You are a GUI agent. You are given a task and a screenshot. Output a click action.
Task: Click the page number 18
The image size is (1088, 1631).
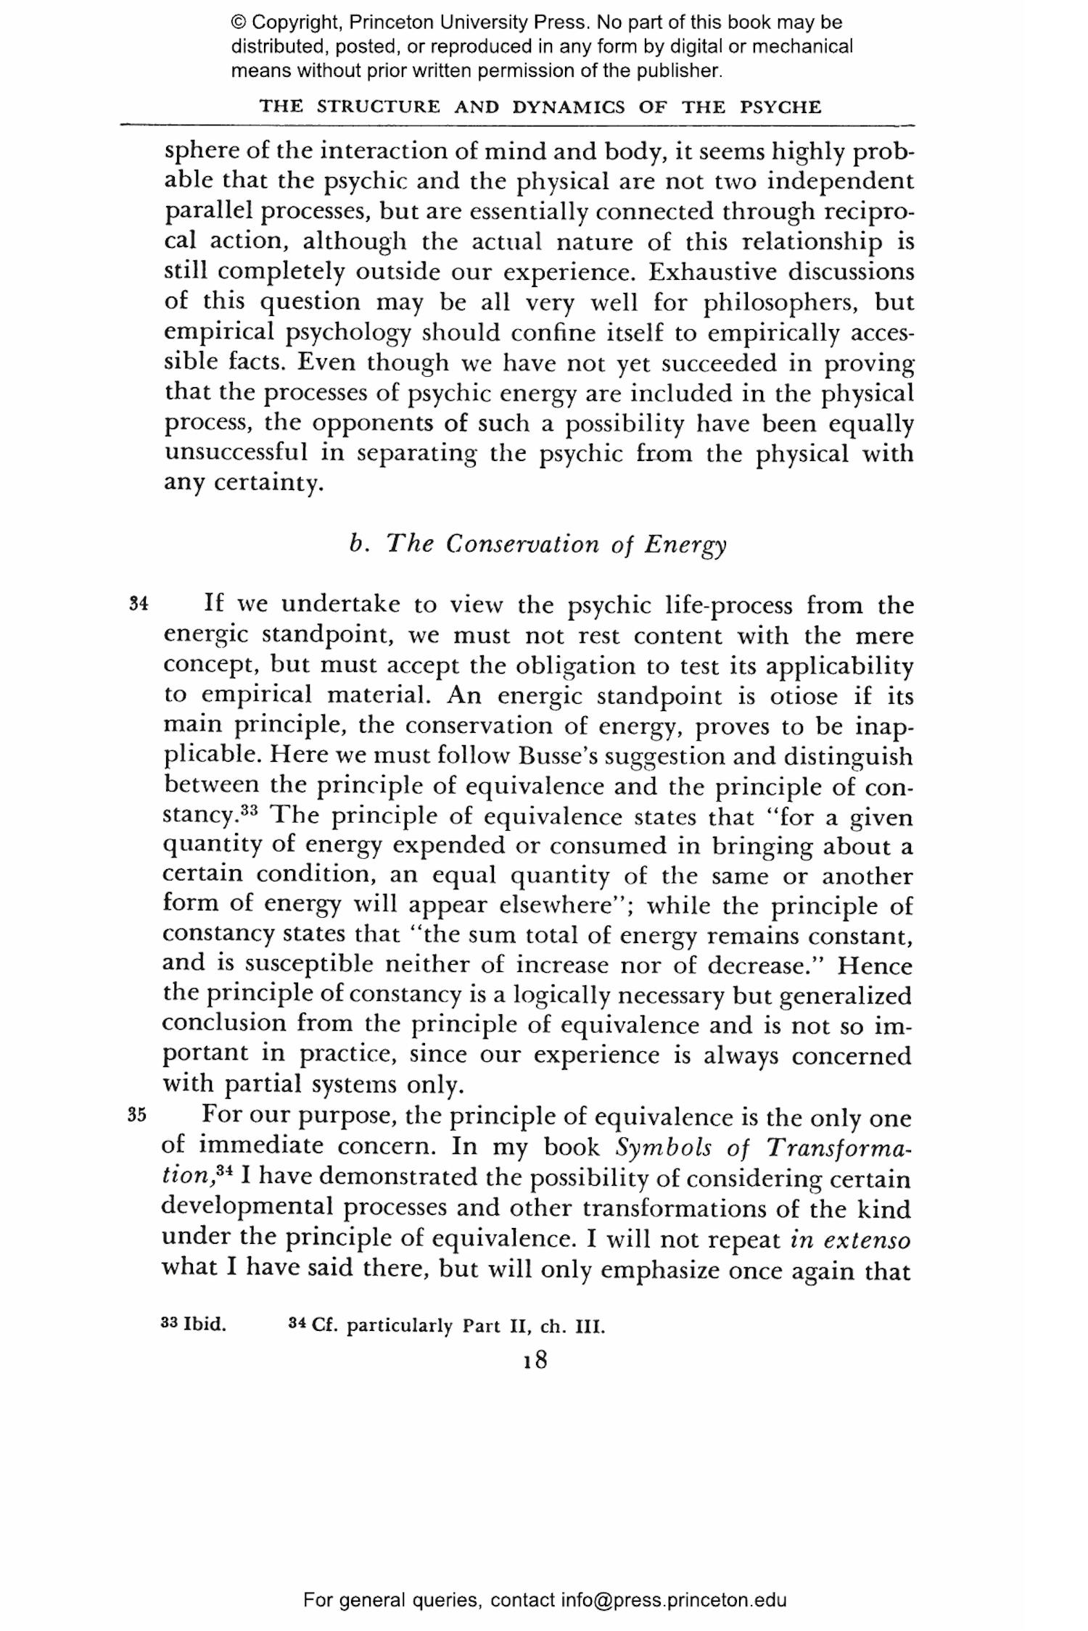pyautogui.click(x=535, y=1360)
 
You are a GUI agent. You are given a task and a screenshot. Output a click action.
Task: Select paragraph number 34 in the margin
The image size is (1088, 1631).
pyautogui.click(x=139, y=603)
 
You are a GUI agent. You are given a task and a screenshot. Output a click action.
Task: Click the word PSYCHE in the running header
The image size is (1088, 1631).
pyautogui.click(x=780, y=107)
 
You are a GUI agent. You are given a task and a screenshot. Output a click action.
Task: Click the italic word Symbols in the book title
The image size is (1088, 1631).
pyautogui.click(x=664, y=1147)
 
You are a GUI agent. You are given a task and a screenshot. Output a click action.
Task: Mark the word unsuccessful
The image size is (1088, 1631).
pyautogui.click(x=236, y=452)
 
